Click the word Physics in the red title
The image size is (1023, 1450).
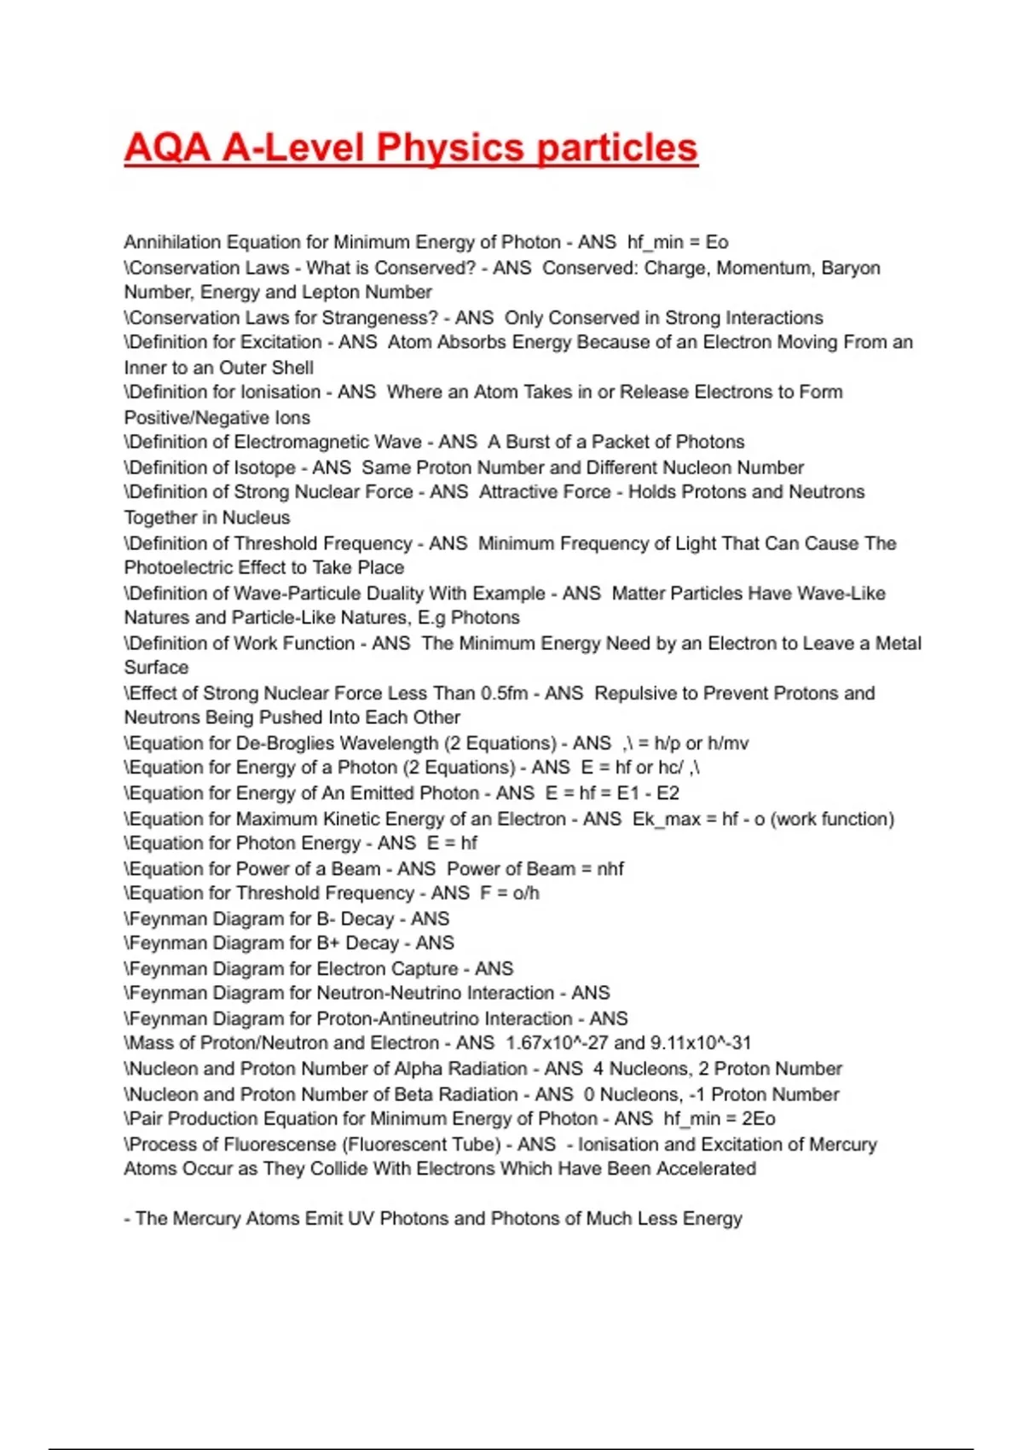click(x=450, y=148)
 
